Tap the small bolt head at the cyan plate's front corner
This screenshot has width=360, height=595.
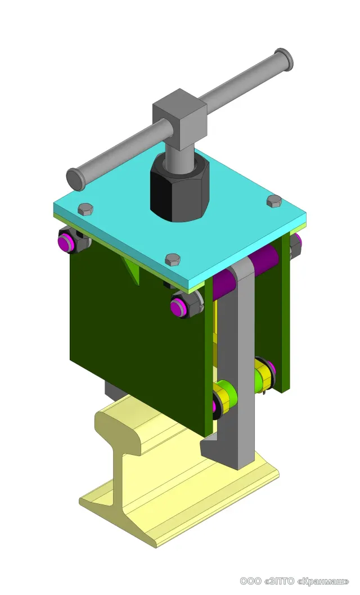point(173,259)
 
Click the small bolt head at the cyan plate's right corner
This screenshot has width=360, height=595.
point(274,201)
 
